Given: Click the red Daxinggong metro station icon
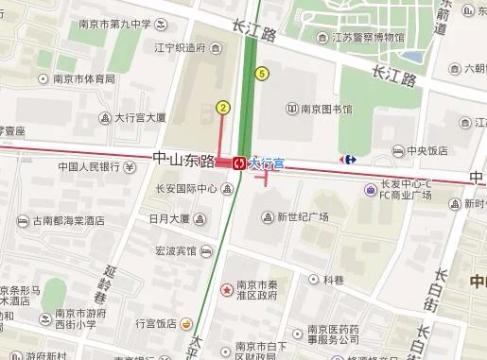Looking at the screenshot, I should point(240,162).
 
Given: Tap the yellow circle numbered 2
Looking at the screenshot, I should point(223,108).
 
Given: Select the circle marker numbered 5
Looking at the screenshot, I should point(261,74).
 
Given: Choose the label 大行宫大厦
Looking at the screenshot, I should point(140,118).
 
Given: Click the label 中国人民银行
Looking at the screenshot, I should point(90,167).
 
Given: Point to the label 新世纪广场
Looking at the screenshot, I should point(303,217).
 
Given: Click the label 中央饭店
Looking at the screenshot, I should point(426,150).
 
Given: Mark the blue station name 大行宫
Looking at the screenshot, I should point(267,163).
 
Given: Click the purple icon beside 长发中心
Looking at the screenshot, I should point(369,190).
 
